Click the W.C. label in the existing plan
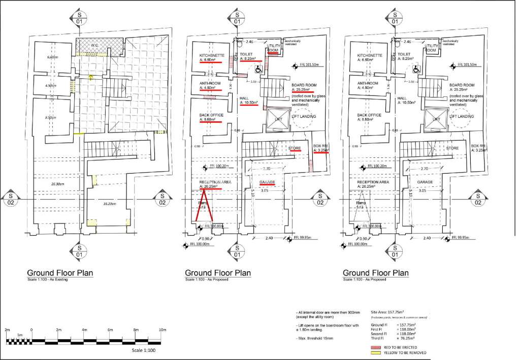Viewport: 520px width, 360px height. tap(94, 45)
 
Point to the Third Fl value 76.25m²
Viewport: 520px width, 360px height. tap(406, 338)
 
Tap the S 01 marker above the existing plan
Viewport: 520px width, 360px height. tap(79, 19)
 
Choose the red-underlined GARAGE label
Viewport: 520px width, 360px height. tap(267, 182)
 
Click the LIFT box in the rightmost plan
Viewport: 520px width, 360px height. tap(436, 119)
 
